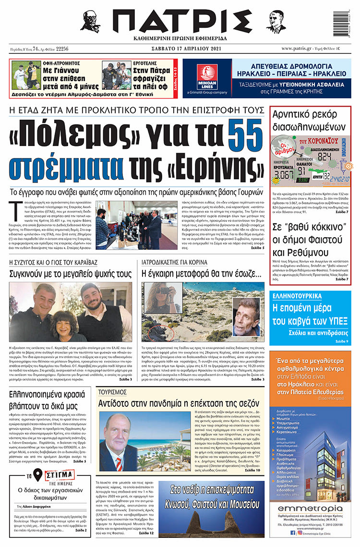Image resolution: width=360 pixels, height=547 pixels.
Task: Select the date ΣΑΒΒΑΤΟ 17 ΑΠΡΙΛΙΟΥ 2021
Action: click(x=180, y=49)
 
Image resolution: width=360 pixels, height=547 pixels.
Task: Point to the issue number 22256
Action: click(x=62, y=49)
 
